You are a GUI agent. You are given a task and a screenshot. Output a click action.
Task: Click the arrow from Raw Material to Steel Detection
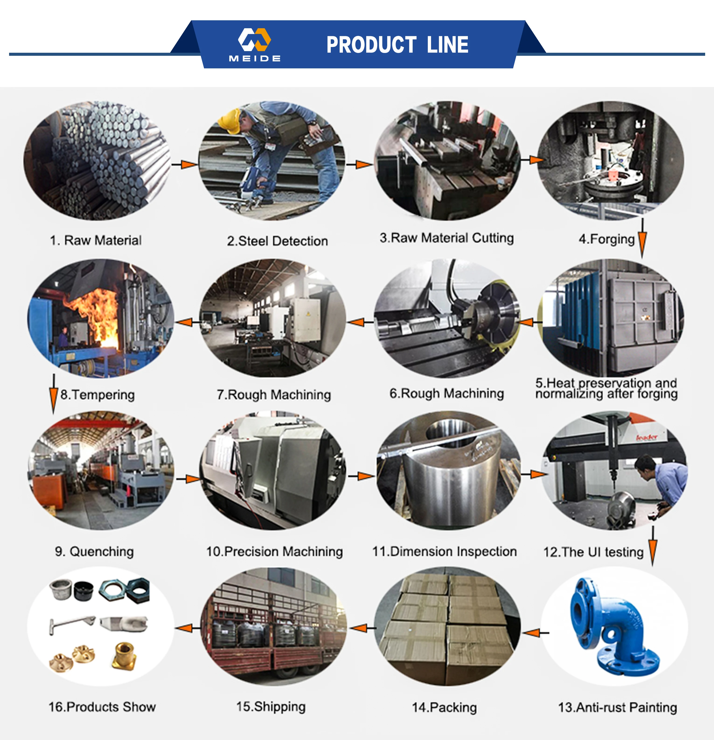click(184, 164)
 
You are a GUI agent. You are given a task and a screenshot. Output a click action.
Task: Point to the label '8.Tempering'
click(97, 395)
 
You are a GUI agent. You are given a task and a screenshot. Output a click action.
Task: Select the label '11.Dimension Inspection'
click(445, 552)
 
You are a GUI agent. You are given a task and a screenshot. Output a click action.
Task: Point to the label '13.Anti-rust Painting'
click(617, 708)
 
